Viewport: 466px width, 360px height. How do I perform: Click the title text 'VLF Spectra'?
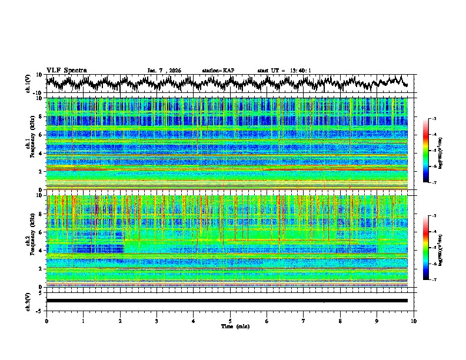point(66,70)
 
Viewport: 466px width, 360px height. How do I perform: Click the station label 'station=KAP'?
point(218,71)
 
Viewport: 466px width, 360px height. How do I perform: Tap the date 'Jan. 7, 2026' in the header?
point(164,71)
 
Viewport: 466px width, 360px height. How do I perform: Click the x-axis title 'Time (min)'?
point(230,326)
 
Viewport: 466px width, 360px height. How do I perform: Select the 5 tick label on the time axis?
point(230,321)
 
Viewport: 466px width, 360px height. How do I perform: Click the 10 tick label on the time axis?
point(414,321)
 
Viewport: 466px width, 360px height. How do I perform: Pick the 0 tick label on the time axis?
point(46,321)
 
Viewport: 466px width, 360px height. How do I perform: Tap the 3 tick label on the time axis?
point(157,321)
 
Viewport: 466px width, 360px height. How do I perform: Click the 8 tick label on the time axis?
point(340,321)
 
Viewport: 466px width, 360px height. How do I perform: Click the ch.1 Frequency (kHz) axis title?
point(29,144)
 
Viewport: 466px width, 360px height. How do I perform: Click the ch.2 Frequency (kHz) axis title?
point(29,241)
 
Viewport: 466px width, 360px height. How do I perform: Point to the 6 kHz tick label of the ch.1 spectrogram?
point(41,135)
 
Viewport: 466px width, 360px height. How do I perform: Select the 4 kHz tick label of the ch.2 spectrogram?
point(41,251)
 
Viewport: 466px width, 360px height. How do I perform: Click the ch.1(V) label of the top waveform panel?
point(29,84)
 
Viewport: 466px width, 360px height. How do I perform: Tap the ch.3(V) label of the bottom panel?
point(29,301)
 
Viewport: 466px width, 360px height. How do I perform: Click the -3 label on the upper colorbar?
point(433,119)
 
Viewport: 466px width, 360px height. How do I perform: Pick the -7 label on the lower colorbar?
point(433,280)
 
